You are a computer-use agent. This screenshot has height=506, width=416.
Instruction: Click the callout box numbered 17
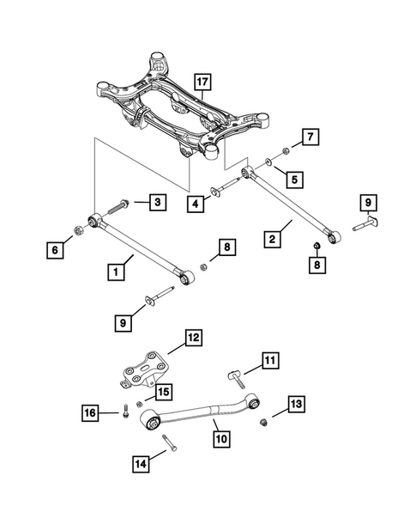pos(202,82)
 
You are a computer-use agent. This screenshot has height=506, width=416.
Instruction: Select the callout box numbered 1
pos(112,272)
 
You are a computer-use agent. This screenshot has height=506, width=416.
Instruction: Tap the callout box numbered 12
pos(192,338)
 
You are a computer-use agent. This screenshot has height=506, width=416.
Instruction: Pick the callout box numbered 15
pos(160,392)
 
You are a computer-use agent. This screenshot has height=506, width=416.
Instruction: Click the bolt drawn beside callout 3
pos(119,206)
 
